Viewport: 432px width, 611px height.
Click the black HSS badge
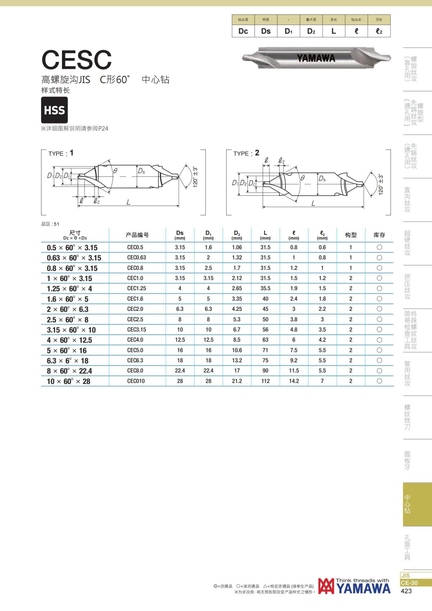[54, 110]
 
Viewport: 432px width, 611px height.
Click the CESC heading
[77, 60]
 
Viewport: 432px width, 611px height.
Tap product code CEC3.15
[136, 330]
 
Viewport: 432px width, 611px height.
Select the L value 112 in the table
[265, 381]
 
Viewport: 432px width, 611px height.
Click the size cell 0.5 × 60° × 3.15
[72, 248]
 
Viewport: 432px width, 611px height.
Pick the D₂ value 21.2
[237, 381]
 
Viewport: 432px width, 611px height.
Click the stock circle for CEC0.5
[379, 248]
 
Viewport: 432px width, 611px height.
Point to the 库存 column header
[379, 235]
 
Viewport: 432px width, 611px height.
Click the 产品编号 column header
[137, 235]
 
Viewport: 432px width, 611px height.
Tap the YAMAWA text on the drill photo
[316, 58]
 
